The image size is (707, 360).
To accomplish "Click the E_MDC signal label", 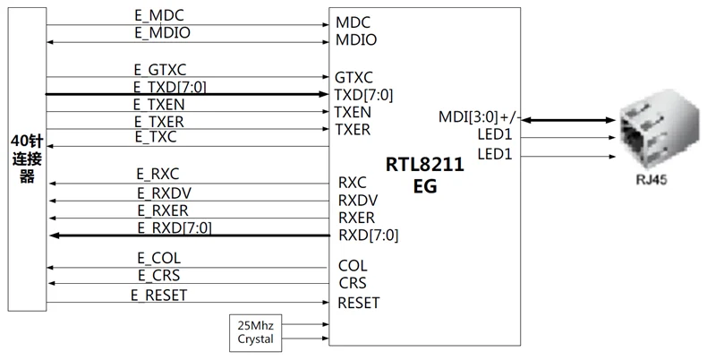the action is pos(159,16).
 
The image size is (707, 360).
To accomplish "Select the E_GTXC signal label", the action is pos(160,70).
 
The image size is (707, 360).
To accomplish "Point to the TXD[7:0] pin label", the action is pos(363,95).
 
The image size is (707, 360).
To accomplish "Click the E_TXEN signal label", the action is pos(159,105).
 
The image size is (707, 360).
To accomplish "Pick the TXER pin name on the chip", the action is pos(353,130).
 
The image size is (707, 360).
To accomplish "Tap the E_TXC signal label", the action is pos(156,137).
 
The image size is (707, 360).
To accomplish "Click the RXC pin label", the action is pos(352,183).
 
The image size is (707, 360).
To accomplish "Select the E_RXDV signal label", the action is pos(165,193).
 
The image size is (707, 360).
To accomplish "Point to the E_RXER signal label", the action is pos(163,210).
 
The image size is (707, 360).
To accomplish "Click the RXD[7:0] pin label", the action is pos(369,235).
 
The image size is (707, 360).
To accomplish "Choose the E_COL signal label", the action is pos(159,258).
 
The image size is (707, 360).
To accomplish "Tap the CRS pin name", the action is pos(353,283).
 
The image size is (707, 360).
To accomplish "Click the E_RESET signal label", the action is pos(159,295).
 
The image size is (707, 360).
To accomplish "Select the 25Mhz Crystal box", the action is pos(256,333).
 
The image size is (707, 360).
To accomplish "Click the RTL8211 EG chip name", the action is pos(425,175).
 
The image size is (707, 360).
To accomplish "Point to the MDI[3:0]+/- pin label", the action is pos(480,117).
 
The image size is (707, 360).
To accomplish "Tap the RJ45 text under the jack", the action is pos(652,179).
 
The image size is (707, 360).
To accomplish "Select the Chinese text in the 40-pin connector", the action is pos(27,159).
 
